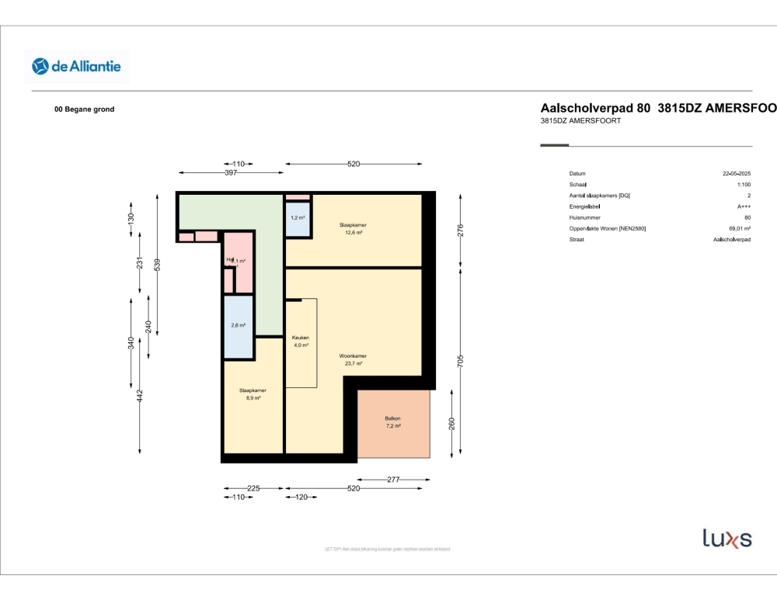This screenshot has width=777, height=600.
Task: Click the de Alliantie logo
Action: coord(76,67)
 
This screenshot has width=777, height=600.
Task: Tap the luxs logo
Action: coord(726,538)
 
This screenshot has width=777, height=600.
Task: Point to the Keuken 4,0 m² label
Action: coord(301,342)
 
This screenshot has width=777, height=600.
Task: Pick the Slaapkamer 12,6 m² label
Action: coord(353,228)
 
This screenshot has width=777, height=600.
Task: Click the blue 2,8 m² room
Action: coord(239,326)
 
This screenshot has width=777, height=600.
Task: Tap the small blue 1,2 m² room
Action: coord(298,218)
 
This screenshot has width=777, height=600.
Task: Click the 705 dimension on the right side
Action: coord(460,360)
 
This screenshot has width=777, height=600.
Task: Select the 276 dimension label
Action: coord(460,230)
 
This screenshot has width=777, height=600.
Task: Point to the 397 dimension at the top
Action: coord(231,172)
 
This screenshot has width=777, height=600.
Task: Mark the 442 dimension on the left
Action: coord(140,396)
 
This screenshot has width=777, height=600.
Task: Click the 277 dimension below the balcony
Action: coord(393,480)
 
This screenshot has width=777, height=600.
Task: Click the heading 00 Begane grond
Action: coord(84,109)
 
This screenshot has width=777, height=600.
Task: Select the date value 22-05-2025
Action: coord(737,174)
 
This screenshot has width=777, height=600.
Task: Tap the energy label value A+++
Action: coord(744,206)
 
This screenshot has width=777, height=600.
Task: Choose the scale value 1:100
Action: coord(744,185)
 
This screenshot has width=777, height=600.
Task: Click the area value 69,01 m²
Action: coord(737,228)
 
